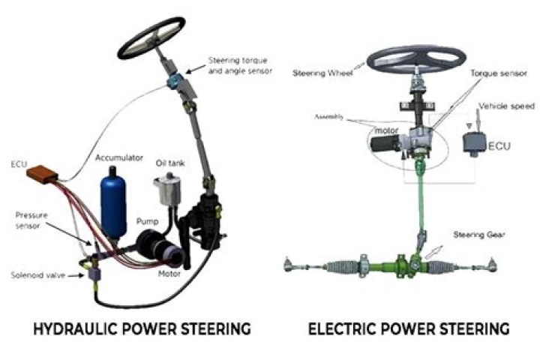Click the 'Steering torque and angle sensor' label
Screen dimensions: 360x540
click(242, 65)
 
